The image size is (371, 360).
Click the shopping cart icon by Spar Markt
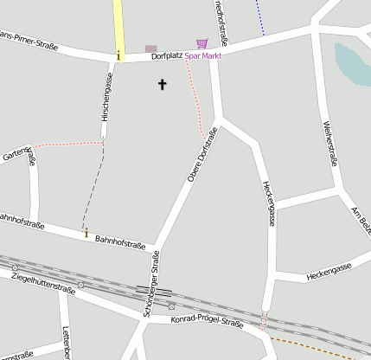[201, 43]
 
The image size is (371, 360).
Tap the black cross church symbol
[162, 84]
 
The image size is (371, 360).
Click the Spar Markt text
[203, 55]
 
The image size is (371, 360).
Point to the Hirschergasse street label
[107, 95]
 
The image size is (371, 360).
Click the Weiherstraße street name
[329, 143]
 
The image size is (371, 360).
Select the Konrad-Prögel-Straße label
[208, 323]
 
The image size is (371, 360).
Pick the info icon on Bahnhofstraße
[86, 232]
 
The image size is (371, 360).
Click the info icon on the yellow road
[118, 55]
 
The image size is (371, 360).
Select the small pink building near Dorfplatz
[151, 48]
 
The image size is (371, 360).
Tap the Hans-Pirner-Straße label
[30, 42]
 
